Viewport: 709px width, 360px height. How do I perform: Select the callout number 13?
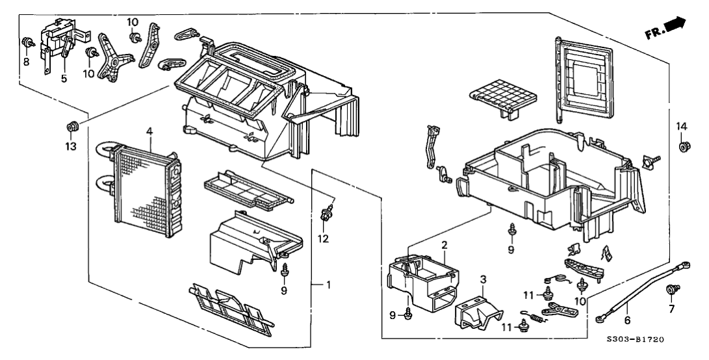point(70,146)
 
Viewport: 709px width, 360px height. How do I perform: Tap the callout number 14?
point(680,125)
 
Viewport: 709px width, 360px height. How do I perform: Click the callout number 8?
point(26,62)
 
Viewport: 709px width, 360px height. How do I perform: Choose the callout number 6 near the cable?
point(626,321)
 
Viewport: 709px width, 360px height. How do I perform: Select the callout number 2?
point(444,245)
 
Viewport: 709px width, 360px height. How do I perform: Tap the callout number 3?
point(483,279)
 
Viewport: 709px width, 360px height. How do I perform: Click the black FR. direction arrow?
point(675,24)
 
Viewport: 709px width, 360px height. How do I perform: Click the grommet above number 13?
point(71,124)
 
